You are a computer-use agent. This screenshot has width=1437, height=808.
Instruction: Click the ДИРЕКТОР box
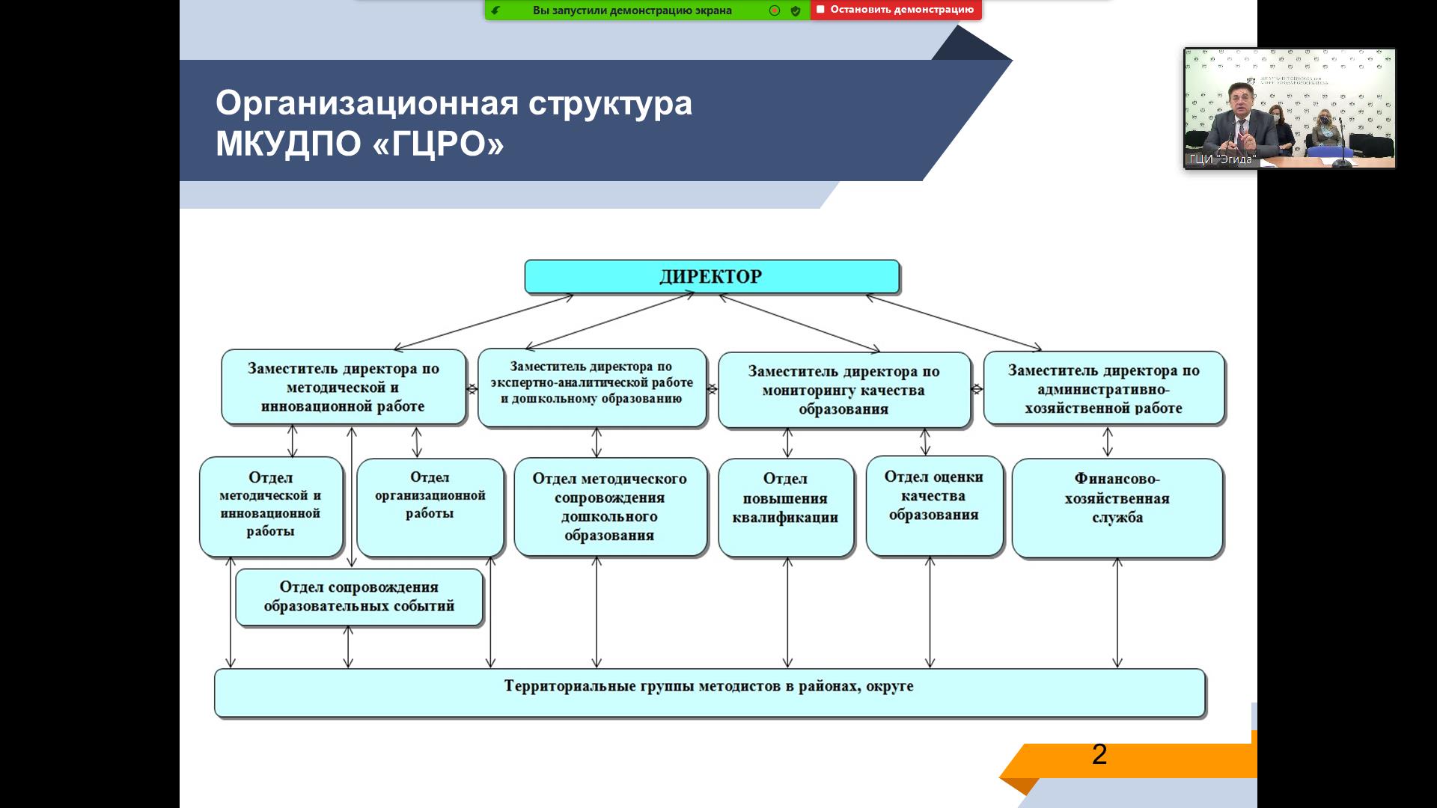pos(711,277)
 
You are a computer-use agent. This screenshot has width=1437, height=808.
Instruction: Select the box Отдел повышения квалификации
pos(785,506)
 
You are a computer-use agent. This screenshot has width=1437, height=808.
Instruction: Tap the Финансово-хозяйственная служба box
pos(1117,507)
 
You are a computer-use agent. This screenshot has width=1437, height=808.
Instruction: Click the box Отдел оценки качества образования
pos(933,505)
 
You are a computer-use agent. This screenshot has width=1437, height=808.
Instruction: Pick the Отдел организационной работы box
pos(430,506)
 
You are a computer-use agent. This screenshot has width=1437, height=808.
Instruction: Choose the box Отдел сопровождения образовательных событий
pos(359,597)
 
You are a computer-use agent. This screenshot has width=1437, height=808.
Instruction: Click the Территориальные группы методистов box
pos(709,692)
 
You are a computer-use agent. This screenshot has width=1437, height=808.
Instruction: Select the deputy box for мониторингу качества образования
pos(843,390)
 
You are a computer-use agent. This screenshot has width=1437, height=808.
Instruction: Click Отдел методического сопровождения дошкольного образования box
pos(609,506)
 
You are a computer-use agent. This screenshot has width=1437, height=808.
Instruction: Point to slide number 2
pos(1099,754)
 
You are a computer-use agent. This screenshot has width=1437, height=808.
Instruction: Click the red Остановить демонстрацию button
pos(895,10)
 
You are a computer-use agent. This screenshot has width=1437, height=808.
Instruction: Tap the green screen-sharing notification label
pos(632,10)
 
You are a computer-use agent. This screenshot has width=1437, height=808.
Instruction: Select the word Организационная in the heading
pos(367,103)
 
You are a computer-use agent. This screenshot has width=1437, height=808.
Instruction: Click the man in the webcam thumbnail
pos(1242,120)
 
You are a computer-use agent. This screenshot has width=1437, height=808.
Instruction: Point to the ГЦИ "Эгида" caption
pos(1221,159)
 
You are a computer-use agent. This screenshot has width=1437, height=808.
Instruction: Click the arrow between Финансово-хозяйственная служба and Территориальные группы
pos(1117,612)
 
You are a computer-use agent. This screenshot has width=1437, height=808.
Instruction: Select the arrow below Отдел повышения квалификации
pos(787,612)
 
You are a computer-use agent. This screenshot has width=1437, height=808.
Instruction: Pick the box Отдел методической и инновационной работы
pos(270,506)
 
